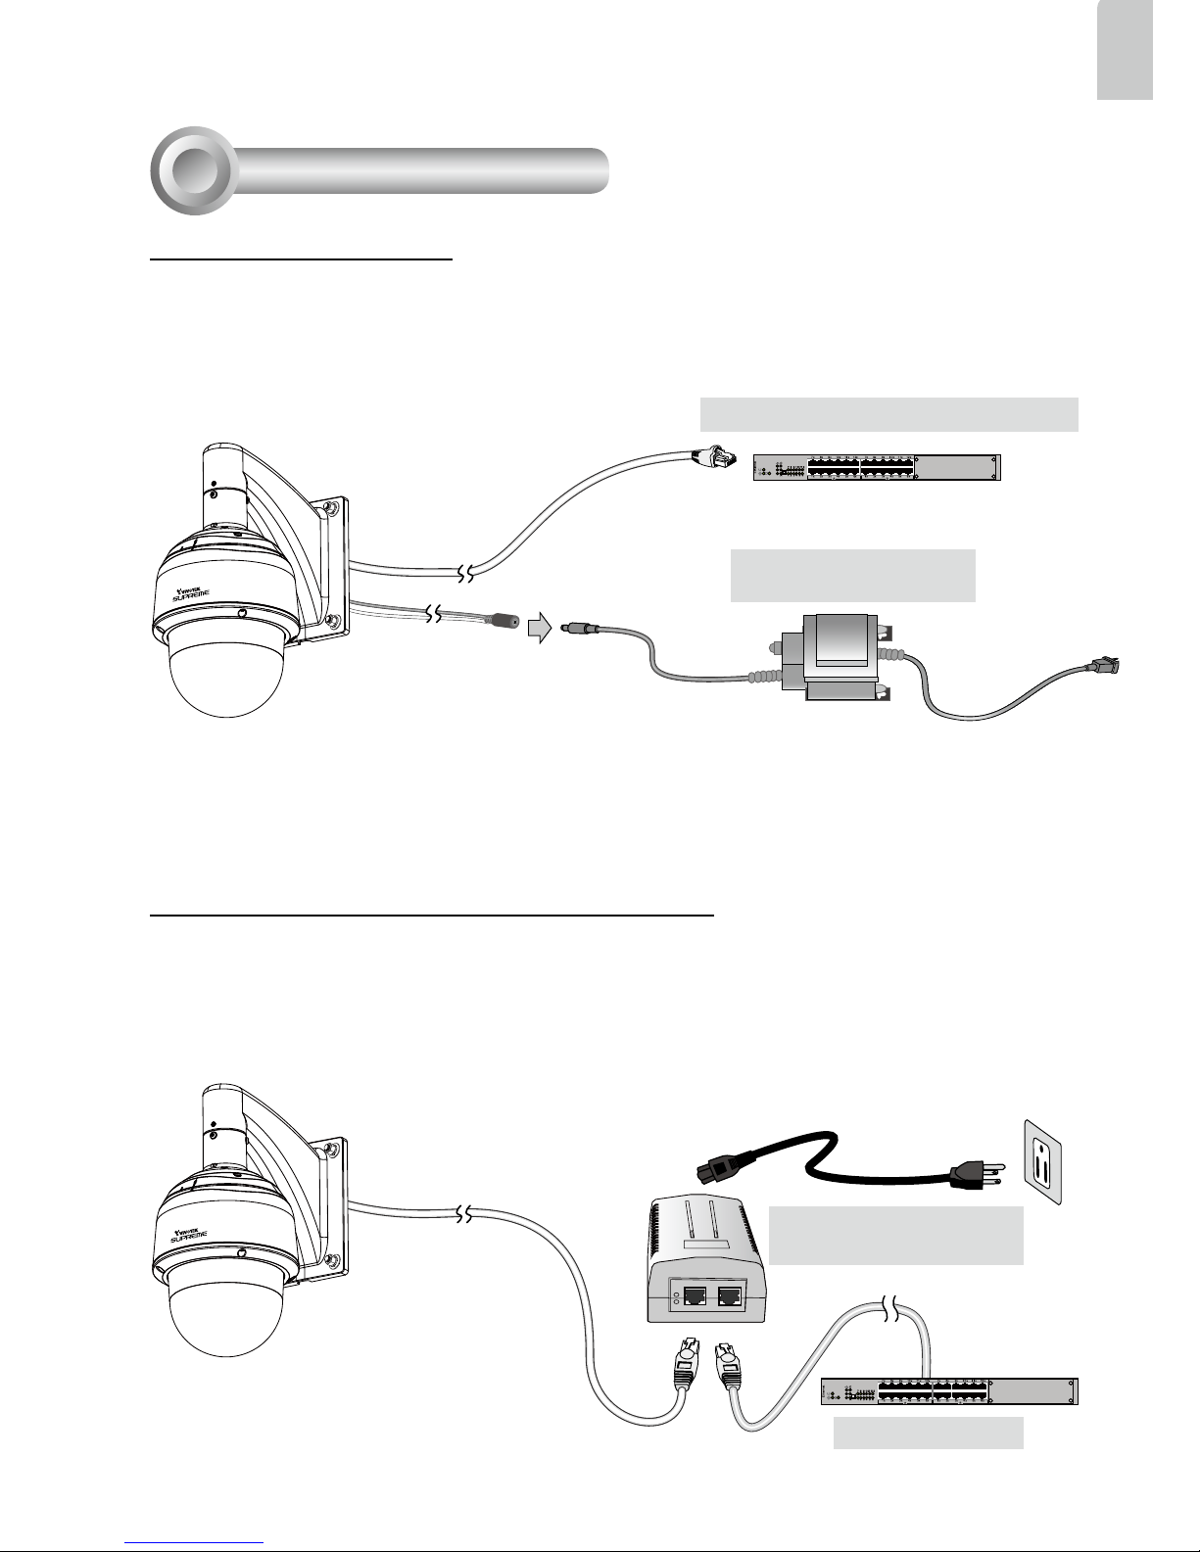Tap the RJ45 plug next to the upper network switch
(712, 457)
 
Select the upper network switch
(877, 468)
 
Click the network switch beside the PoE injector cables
(949, 1390)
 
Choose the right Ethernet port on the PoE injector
(729, 1297)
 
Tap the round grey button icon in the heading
(193, 170)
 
